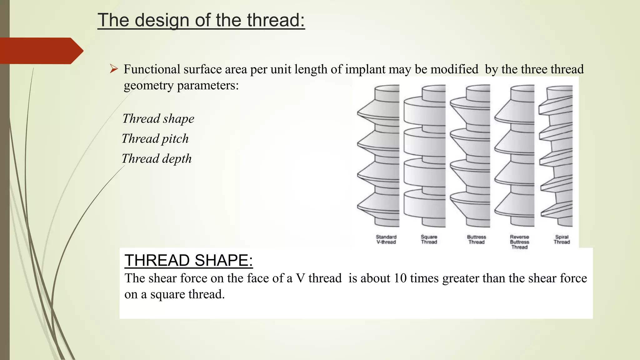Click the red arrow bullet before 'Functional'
tap(114, 69)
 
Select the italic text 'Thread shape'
tap(158, 119)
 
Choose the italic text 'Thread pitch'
tap(155, 139)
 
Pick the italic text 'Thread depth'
tap(156, 159)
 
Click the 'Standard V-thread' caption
tap(386, 239)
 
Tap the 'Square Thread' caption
tap(429, 239)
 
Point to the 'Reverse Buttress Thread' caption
tap(519, 242)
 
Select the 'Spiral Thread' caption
tap(562, 239)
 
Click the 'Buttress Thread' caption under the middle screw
tap(476, 239)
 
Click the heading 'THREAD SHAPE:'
tap(188, 260)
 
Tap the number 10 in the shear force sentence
tap(400, 278)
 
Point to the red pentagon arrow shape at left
tap(41, 51)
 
